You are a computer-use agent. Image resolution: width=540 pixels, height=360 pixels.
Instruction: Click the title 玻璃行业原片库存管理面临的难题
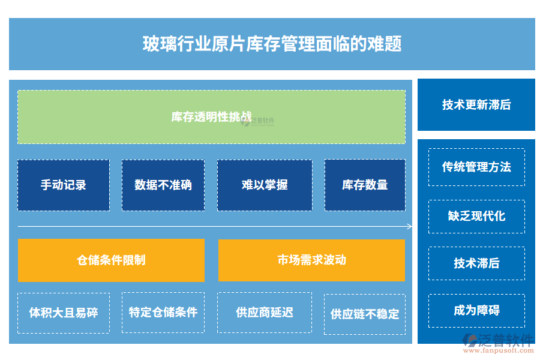[272, 44]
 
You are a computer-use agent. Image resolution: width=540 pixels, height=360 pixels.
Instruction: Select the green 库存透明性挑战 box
[211, 117]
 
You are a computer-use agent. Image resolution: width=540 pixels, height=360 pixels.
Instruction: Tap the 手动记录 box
[64, 185]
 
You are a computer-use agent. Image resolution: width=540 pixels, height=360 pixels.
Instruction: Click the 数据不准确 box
[163, 185]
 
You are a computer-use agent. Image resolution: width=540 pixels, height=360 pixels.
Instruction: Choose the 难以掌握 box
[265, 185]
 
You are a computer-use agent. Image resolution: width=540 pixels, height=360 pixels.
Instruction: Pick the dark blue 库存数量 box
[365, 185]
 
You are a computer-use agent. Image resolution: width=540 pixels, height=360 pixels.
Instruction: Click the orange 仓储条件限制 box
[111, 260]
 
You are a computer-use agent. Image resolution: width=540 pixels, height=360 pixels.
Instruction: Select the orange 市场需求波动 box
[311, 260]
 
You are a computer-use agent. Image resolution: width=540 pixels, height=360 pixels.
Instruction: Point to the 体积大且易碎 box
[64, 313]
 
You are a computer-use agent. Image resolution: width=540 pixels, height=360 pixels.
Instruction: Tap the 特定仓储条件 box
[163, 313]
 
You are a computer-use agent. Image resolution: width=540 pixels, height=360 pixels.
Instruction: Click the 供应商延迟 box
[265, 313]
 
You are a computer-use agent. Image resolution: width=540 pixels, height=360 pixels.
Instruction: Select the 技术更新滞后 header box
[476, 105]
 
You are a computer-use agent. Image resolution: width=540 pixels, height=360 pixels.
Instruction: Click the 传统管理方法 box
[476, 167]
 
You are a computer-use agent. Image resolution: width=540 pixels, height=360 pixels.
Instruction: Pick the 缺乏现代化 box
[476, 216]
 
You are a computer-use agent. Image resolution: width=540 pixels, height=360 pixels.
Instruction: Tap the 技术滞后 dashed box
[476, 263]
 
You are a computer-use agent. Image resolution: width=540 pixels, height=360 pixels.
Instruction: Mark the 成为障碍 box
[476, 311]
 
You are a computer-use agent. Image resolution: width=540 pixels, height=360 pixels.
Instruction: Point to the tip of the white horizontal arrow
[412, 226]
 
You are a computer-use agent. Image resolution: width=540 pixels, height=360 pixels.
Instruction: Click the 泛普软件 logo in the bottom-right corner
[497, 341]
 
